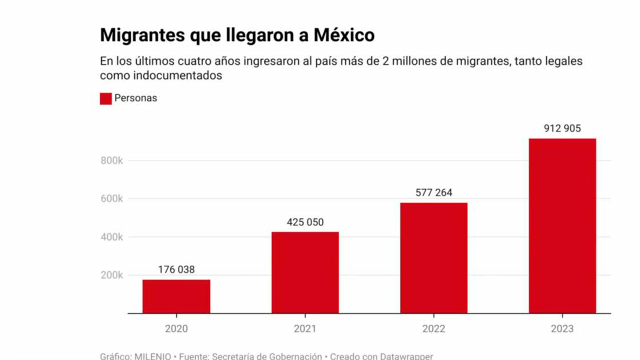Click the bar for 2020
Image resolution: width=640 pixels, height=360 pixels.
(x=176, y=296)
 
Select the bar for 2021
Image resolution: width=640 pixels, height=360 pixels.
(x=305, y=272)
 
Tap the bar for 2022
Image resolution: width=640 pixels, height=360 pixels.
(x=433, y=258)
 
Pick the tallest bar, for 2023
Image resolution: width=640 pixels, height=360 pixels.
(x=562, y=226)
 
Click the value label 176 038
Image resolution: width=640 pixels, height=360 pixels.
(x=176, y=269)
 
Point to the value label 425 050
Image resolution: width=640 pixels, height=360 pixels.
(x=305, y=222)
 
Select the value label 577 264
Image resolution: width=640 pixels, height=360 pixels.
(x=434, y=192)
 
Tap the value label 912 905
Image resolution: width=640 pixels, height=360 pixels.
(x=562, y=128)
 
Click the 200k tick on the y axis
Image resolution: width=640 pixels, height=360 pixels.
(x=112, y=275)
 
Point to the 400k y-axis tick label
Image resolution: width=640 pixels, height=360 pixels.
(x=112, y=237)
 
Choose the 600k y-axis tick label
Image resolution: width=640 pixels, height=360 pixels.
(x=112, y=198)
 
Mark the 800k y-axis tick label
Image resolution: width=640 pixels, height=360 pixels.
(x=112, y=160)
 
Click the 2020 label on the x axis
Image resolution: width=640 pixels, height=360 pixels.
(x=176, y=329)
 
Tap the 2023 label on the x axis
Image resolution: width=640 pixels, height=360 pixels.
(x=562, y=329)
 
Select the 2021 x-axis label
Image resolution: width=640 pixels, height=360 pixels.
(x=305, y=329)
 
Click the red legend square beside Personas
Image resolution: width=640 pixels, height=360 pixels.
(x=105, y=98)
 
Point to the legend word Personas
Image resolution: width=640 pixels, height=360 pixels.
(x=135, y=98)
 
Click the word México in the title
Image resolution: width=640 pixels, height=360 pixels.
(x=344, y=35)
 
